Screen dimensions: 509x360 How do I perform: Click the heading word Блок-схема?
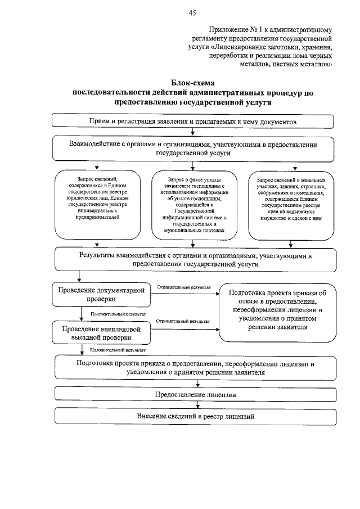(x=192, y=83)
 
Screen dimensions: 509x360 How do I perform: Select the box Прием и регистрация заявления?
(x=193, y=121)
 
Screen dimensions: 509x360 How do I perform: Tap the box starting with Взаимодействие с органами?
(x=193, y=148)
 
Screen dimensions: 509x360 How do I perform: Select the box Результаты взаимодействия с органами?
(x=193, y=259)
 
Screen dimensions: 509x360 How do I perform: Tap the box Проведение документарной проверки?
(x=101, y=295)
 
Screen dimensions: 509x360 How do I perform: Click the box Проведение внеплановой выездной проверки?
(x=101, y=332)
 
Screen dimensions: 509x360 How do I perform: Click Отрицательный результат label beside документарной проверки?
(x=184, y=287)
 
